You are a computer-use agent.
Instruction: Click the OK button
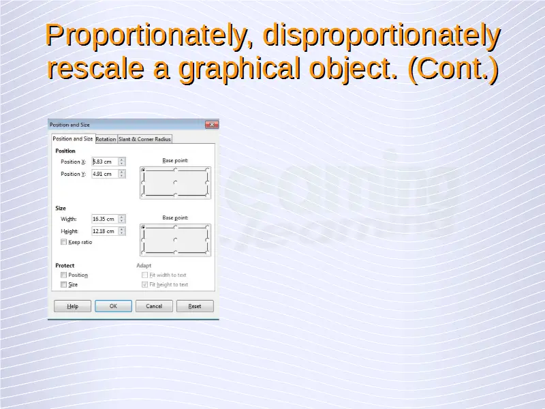pos(113,306)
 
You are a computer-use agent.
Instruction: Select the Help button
pos(72,306)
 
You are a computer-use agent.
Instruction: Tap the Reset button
pos(195,306)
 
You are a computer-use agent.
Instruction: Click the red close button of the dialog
pos(212,125)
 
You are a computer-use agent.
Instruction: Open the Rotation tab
pos(106,139)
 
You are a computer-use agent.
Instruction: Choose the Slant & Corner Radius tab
pos(144,139)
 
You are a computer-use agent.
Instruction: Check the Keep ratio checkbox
pos(63,242)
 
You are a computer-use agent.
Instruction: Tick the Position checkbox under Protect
pos(63,275)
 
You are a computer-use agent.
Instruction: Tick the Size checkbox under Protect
pos(63,284)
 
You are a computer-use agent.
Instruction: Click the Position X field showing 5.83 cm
pos(105,162)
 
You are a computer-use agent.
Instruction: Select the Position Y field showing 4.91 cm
pos(105,174)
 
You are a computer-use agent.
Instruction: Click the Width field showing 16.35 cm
pos(105,219)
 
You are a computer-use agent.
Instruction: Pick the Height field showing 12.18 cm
pos(105,231)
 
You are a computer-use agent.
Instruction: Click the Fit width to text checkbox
pos(144,275)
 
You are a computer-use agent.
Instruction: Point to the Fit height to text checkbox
pos(144,284)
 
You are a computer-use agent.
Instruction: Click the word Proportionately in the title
pos(146,36)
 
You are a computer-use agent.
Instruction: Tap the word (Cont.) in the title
pos(454,69)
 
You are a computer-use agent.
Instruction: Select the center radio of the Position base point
pos(175,183)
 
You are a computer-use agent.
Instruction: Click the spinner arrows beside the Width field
pos(122,219)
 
